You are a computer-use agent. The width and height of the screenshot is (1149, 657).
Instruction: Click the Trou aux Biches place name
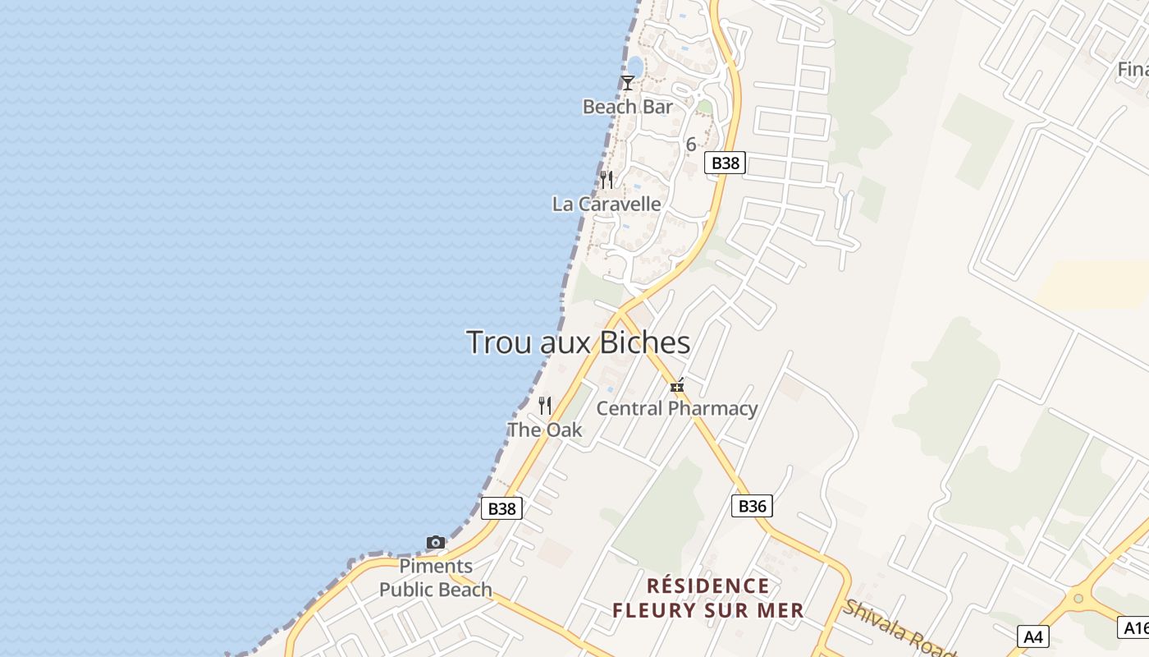(578, 342)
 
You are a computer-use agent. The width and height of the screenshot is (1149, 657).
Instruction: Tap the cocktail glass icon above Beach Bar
(628, 83)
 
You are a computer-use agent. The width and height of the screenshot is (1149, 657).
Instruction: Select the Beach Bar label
(627, 107)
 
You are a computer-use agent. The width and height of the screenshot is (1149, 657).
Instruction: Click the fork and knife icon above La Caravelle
(607, 179)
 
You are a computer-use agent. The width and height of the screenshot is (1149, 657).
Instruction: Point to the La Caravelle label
(607, 204)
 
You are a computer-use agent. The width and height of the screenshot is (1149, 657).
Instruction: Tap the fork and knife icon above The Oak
(545, 405)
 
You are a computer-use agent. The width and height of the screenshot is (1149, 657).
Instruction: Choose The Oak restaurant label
(545, 430)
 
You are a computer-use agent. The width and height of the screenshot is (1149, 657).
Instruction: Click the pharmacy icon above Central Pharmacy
(677, 384)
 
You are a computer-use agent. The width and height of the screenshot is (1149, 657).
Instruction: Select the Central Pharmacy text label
(676, 408)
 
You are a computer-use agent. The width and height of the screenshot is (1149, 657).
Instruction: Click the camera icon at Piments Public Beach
(436, 542)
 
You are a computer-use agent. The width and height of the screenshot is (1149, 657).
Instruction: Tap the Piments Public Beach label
(436, 578)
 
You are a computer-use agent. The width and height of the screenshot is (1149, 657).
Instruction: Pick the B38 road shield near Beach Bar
(726, 163)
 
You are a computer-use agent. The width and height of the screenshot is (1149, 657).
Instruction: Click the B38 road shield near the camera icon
(501, 508)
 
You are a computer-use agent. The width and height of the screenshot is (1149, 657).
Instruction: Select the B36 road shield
(752, 506)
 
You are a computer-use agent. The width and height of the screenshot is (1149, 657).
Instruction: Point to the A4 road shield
(1032, 636)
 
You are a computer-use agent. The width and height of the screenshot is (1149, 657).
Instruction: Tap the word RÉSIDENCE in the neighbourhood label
(708, 586)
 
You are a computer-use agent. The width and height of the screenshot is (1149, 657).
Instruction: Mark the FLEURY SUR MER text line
(708, 611)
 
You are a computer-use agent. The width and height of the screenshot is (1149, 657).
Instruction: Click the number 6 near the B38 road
(691, 145)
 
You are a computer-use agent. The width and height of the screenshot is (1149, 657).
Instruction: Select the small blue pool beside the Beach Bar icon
(635, 66)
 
